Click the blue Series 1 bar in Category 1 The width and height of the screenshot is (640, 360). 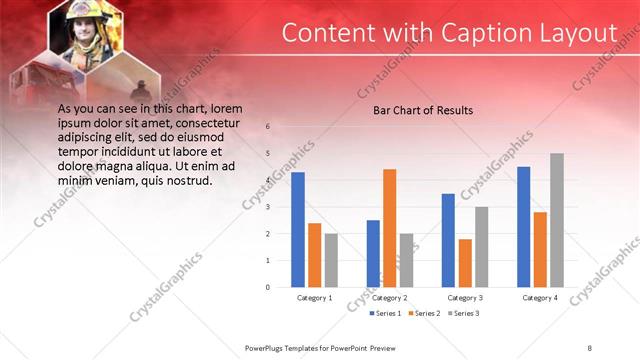298,229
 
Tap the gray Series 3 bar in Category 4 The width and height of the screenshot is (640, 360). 557,220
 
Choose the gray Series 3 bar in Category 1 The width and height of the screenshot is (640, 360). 331,260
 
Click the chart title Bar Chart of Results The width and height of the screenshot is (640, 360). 423,110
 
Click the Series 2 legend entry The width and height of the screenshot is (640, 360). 423,314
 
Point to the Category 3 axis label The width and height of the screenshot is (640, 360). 465,298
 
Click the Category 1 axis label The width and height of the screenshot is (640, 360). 315,298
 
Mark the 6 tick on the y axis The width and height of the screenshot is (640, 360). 267,127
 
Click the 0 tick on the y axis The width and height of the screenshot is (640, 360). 267,287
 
